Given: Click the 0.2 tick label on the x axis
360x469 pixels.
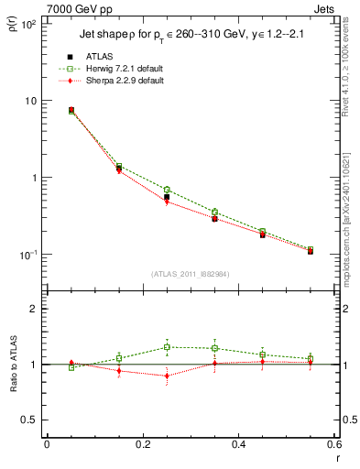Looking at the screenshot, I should (142, 444).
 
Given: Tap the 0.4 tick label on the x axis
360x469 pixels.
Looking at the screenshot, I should (238, 444).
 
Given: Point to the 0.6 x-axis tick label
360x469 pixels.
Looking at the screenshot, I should (333, 444).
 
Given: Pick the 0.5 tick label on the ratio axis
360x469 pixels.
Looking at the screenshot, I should (28, 420).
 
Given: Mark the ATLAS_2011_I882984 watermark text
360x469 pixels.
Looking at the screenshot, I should (190, 274).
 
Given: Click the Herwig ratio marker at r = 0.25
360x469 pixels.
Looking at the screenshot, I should (167, 347).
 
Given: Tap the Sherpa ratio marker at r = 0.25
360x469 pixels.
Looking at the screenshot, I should (167, 376).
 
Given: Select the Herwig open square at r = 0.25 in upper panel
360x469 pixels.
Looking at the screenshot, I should (167, 190).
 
